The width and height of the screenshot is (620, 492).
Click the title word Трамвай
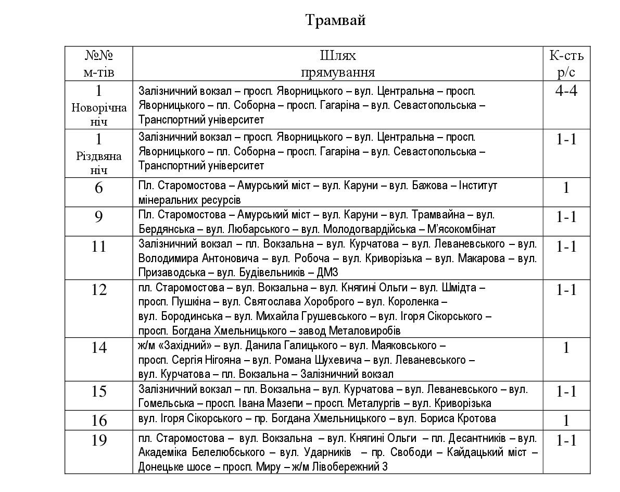pos(335,20)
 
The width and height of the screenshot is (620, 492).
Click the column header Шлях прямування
pos(338,63)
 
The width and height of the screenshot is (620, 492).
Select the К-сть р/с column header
pos(566,63)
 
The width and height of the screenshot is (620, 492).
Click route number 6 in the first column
pos(99,188)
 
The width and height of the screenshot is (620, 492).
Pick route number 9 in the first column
pos(99,217)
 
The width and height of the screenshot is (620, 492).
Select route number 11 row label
pos(99,246)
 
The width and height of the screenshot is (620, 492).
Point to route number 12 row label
pos(99,289)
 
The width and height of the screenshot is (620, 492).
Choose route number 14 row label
pos(99,347)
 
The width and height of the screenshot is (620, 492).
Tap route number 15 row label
pos(99,391)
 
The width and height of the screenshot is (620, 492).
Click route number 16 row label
pos(99,420)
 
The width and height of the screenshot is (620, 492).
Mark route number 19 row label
pos(99,440)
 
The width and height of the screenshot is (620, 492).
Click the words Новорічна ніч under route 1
pos(99,115)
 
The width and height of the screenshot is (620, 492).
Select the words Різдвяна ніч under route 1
pos(99,163)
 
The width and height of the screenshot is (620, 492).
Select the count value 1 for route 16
pos(566,421)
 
